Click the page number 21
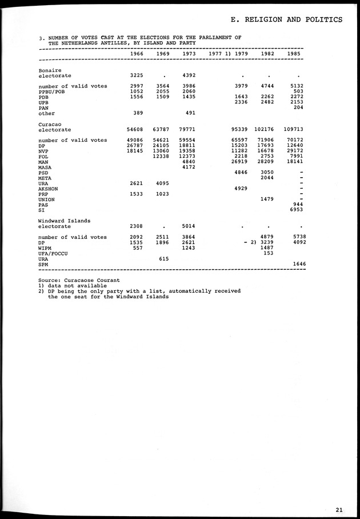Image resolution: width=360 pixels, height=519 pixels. point(340,510)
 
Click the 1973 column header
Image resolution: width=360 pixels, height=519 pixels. point(188,54)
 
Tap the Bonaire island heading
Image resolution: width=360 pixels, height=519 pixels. point(50,70)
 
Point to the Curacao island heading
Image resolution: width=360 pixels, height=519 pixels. point(50,123)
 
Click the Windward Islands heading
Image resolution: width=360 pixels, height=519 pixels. point(64,221)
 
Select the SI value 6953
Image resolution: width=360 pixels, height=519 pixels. point(297,210)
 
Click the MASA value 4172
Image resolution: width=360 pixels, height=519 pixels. point(188,167)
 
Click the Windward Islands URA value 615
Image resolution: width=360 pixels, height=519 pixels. point(163,258)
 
